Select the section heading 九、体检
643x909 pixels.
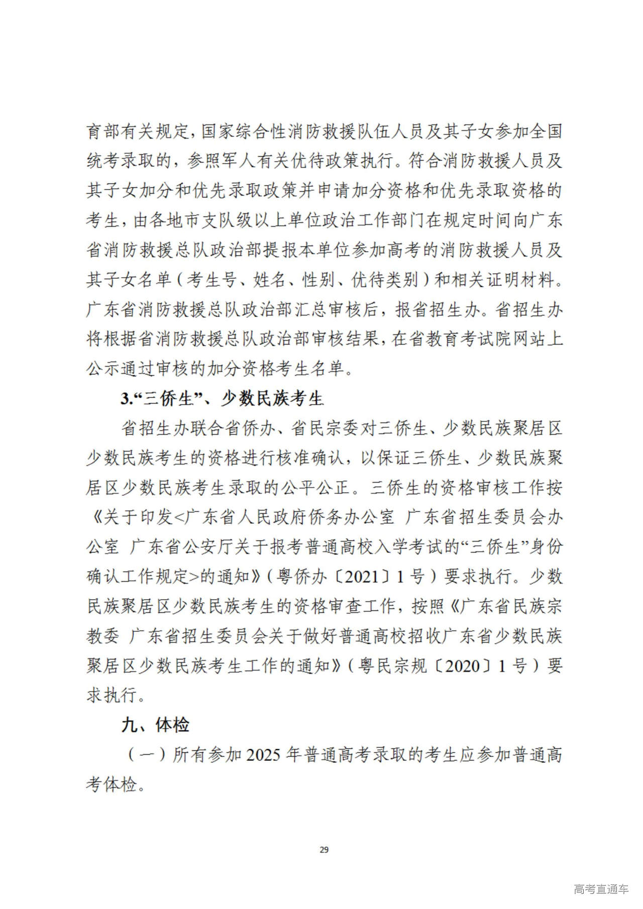(155, 725)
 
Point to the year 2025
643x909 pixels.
(264, 755)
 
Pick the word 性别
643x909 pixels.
(318, 280)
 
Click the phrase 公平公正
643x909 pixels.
(313, 488)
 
